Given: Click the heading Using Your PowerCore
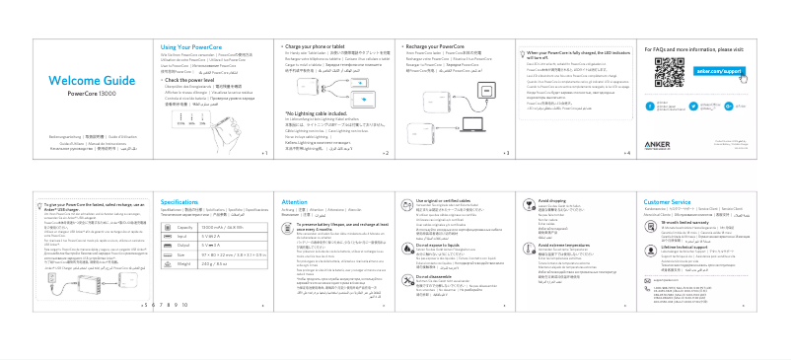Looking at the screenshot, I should coord(189,46).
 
